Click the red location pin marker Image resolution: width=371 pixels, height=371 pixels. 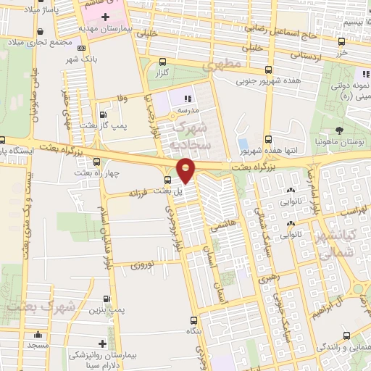point(186,170)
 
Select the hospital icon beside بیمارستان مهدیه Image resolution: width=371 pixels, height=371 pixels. point(106,16)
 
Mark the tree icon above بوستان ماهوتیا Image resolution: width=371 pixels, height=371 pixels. point(340,130)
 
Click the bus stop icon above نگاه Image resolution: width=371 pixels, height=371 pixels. point(193,320)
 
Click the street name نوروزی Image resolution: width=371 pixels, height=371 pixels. point(141,266)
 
